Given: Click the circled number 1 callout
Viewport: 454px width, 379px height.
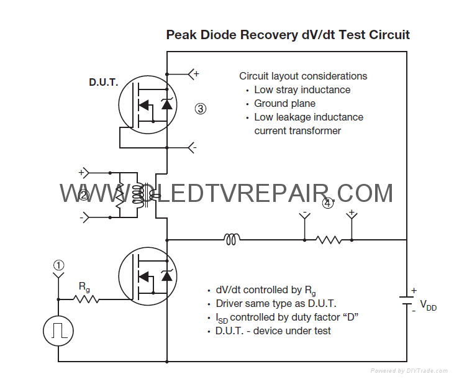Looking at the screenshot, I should click(58, 265).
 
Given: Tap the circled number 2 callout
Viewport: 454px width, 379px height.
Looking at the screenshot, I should click(84, 195).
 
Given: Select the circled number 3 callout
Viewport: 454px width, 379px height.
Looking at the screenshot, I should click(200, 108).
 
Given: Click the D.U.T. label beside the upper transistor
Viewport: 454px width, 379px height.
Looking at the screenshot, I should click(102, 82).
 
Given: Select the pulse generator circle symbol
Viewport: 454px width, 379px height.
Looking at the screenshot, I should click(58, 330).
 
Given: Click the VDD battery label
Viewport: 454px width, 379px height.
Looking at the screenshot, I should click(428, 305).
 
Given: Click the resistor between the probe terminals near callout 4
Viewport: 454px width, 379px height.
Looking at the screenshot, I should click(328, 239).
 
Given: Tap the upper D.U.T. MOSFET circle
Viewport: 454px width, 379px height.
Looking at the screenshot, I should click(145, 104).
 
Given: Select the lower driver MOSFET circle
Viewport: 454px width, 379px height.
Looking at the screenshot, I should click(145, 275).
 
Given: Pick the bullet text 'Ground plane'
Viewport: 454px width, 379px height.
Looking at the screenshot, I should click(284, 103).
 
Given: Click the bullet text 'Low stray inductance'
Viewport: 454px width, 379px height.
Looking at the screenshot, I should click(302, 89).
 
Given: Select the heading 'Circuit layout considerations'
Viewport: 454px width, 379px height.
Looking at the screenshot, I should click(303, 76).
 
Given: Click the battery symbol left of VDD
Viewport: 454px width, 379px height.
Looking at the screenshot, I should click(406, 299).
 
